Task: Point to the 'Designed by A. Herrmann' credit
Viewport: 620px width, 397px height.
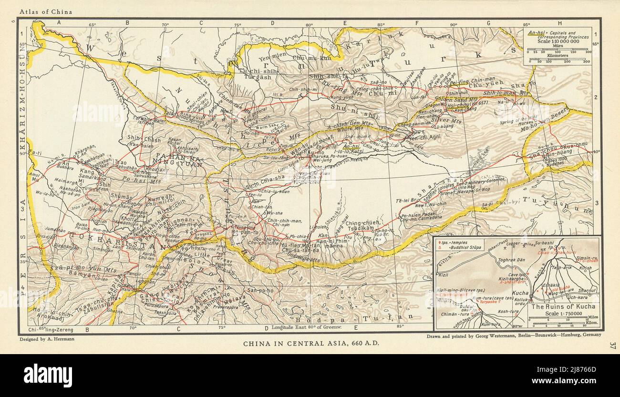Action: tap(47, 339)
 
